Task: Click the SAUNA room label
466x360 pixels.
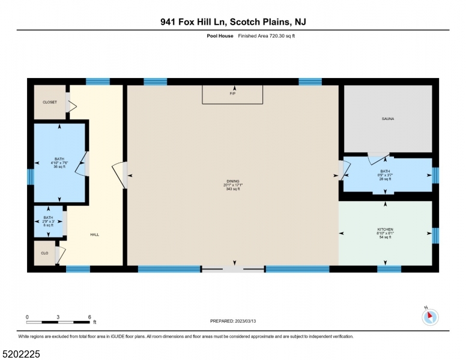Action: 387,119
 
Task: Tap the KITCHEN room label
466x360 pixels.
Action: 385,230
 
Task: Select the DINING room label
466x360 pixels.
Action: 233,181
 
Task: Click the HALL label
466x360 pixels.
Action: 94,235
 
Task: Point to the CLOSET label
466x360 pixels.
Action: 49,102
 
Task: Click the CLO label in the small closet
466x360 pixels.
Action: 44,253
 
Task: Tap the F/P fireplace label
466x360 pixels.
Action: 232,94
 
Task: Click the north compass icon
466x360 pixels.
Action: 430,316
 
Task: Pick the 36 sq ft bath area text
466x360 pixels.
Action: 59,167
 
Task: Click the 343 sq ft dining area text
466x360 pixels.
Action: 233,189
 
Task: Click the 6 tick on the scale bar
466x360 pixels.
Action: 89,316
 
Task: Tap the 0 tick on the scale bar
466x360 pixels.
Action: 27,316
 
